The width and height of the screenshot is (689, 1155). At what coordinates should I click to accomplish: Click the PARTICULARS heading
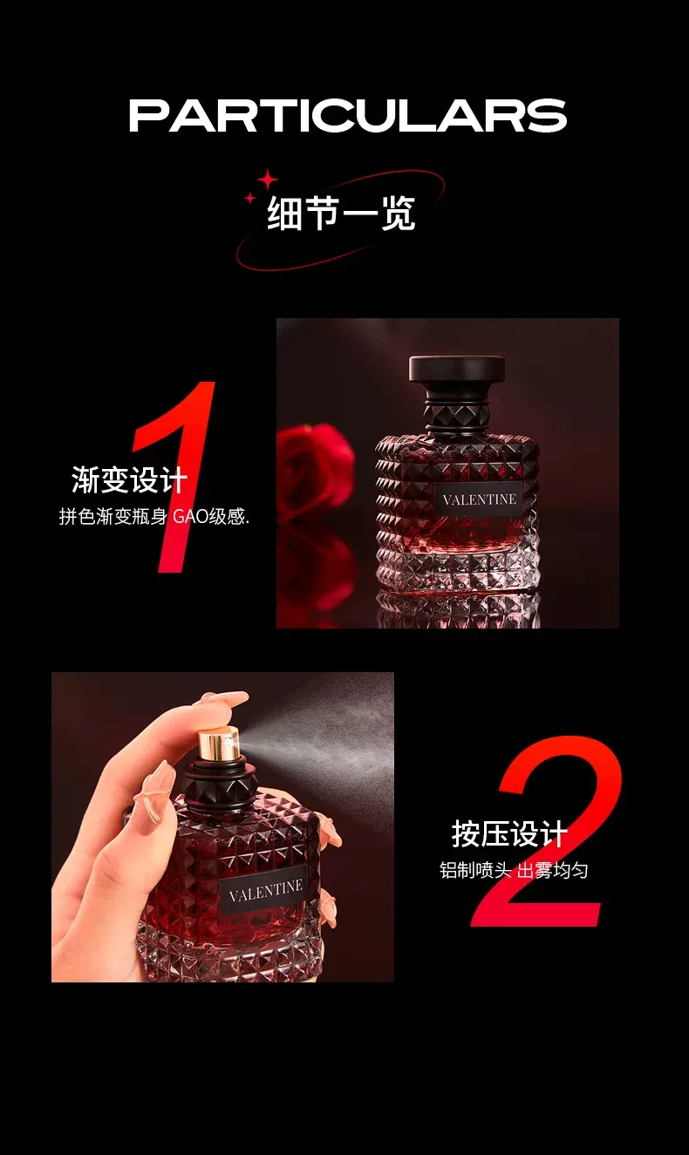[348, 115]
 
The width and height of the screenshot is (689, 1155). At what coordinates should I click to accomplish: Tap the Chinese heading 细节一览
[341, 213]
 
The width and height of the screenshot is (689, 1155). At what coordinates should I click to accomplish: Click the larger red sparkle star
[268, 180]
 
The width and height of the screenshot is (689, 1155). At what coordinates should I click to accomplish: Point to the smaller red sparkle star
[250, 198]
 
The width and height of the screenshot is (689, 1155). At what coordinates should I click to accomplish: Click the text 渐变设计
[129, 480]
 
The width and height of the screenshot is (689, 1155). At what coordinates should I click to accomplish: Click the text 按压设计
[509, 833]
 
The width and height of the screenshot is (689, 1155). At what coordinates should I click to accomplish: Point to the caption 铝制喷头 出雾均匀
[514, 870]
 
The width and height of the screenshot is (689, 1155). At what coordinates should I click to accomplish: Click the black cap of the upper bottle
[457, 370]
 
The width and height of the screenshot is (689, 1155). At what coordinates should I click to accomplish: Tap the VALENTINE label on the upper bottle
[479, 499]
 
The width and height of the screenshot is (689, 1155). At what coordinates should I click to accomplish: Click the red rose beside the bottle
[314, 469]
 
